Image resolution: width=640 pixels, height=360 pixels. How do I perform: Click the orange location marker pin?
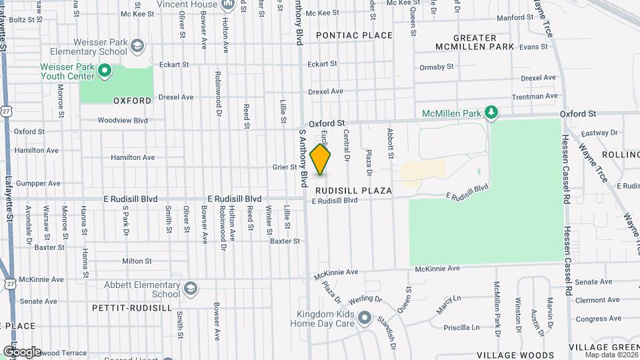pos(320,160)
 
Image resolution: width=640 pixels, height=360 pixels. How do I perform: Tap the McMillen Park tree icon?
pos(491,111)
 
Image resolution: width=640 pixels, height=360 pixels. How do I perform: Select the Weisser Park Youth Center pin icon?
pos(104,70)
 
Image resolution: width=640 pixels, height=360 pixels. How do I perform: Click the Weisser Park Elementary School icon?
pos(137,46)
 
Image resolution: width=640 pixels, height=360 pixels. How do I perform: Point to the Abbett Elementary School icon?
pos(191,288)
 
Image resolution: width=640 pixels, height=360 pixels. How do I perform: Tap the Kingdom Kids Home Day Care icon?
pos(364,318)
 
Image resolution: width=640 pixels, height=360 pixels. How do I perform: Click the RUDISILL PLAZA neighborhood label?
pos(353,191)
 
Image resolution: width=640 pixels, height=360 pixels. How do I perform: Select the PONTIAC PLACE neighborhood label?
pos(354,35)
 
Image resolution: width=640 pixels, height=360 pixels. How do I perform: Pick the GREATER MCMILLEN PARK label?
pos(475,42)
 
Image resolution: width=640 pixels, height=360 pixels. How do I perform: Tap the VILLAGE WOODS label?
pos(515,355)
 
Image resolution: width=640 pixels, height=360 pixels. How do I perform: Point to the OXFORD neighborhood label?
pos(132,101)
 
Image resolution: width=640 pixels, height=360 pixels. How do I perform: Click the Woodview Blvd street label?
pos(122,121)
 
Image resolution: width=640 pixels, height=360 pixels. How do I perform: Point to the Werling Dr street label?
pos(364,299)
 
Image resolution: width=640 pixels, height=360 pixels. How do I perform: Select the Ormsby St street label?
pos(437,67)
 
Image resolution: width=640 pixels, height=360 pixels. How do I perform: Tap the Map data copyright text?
pos(611,355)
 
